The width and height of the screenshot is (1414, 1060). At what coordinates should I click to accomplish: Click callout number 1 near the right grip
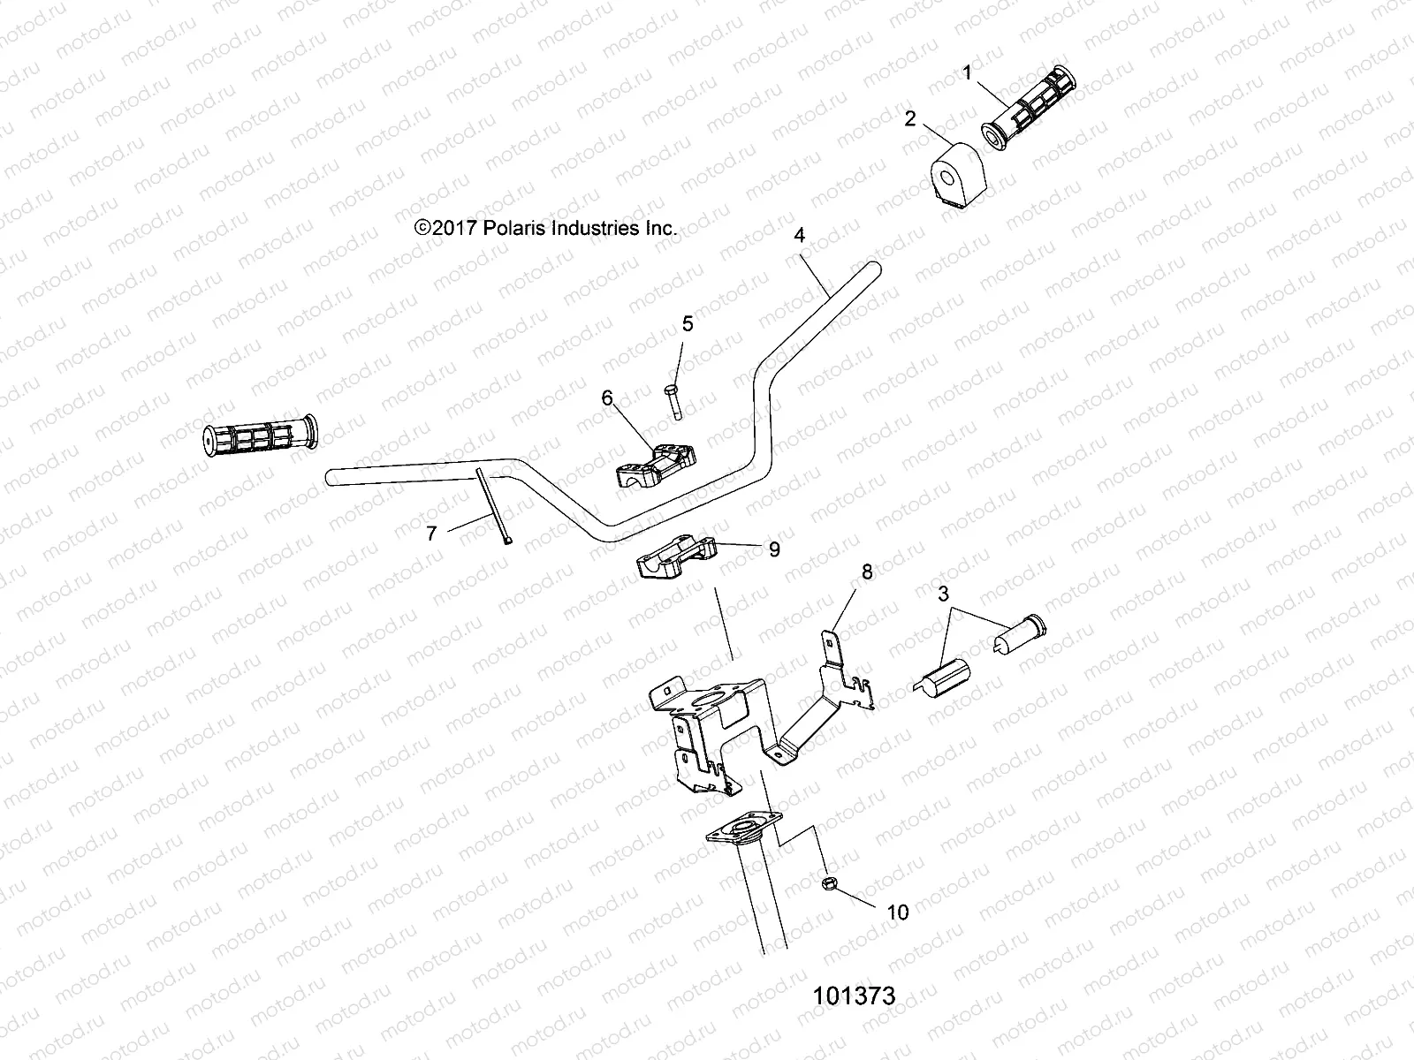968,73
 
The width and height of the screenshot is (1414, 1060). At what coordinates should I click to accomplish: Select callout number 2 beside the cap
910,118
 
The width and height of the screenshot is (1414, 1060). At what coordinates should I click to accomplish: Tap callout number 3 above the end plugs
944,594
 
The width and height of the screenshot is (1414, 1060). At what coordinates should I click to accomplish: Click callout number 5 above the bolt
688,324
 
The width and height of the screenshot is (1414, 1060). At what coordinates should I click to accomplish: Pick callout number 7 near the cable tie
431,534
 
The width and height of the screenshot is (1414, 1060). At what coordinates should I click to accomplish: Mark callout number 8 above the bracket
867,572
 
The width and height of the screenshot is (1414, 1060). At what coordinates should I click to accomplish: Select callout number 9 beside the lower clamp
774,549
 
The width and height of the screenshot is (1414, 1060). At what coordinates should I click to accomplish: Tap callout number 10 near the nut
897,912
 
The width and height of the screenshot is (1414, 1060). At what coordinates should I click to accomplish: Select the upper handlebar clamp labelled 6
655,465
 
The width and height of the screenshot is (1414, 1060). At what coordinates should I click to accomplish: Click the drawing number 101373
854,996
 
